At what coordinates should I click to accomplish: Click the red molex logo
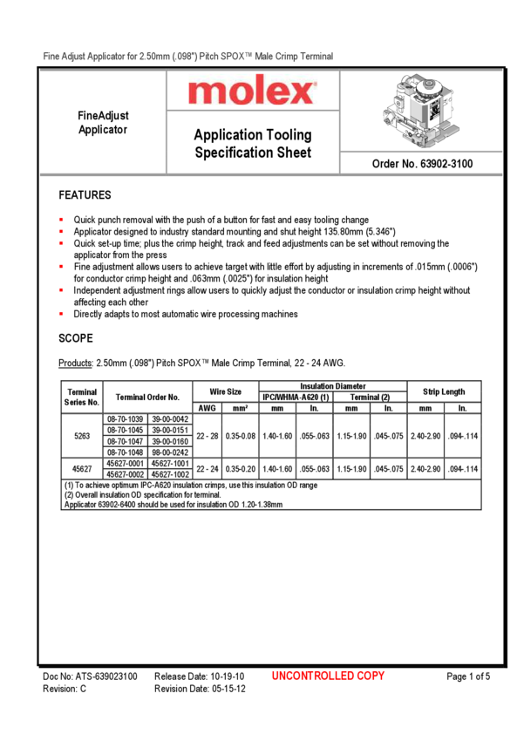[x=253, y=90]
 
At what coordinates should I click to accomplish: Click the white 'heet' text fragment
[x=297, y=153]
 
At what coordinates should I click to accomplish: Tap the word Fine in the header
[x=51, y=56]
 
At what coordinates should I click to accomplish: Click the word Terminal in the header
[x=316, y=56]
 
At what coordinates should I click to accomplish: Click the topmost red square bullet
[x=62, y=220]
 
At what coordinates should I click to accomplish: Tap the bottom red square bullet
[x=62, y=312]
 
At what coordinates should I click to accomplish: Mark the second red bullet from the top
[x=62, y=231]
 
